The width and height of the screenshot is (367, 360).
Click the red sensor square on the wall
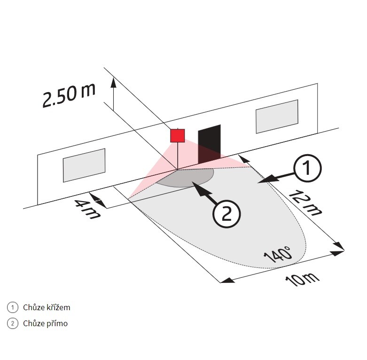click(x=177, y=135)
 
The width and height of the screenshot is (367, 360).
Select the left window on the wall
click(x=84, y=165)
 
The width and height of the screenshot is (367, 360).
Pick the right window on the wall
click(x=277, y=116)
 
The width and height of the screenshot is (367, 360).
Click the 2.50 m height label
click(x=68, y=96)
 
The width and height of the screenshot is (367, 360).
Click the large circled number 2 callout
click(x=226, y=214)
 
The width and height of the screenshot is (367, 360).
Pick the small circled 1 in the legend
click(x=13, y=307)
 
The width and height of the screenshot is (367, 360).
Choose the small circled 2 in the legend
click(x=13, y=323)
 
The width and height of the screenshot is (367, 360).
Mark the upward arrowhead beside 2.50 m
click(x=113, y=83)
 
